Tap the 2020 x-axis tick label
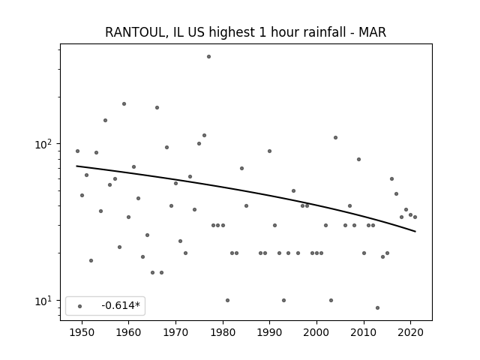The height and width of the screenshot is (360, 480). tap(411, 332)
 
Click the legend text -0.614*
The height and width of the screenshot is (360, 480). tap(121, 305)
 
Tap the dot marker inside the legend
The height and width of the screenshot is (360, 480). tap(80, 306)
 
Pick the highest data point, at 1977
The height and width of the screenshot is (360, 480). tap(208, 57)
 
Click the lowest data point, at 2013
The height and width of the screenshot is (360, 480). tap(377, 307)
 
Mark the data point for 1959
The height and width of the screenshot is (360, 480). tap(124, 103)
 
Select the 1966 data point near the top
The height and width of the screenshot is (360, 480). tap(157, 107)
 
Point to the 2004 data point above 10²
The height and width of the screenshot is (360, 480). tap(335, 137)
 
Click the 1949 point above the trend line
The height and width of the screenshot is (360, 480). tap(77, 151)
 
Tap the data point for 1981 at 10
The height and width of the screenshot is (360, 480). tap(227, 300)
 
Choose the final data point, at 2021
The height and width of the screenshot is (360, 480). tap(415, 217)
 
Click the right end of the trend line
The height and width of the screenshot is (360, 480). tap(415, 232)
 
